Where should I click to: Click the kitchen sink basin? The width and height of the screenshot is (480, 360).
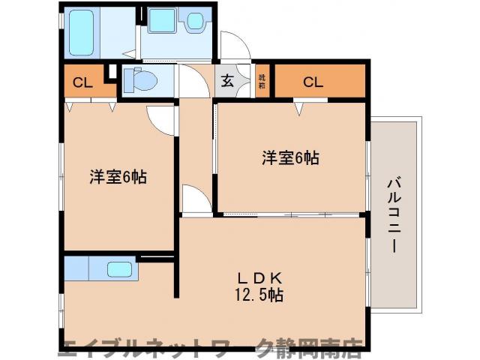pyautogui.click(x=121, y=268)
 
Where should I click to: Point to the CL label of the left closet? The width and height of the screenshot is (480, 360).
pyautogui.click(x=82, y=82)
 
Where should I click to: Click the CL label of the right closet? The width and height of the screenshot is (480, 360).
pyautogui.click(x=313, y=82)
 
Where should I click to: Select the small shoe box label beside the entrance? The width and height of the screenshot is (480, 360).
pyautogui.click(x=262, y=81)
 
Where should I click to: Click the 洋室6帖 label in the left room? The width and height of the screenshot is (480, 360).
pyautogui.click(x=118, y=178)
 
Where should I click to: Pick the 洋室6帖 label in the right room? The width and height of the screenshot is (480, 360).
pyautogui.click(x=290, y=158)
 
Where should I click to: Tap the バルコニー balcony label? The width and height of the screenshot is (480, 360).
pyautogui.click(x=393, y=214)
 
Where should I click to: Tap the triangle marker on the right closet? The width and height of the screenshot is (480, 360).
pyautogui.click(x=298, y=109)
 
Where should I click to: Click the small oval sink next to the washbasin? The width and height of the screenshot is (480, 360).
pyautogui.click(x=194, y=21)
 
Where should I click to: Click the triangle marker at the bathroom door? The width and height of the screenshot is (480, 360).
pyautogui.click(x=130, y=54)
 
